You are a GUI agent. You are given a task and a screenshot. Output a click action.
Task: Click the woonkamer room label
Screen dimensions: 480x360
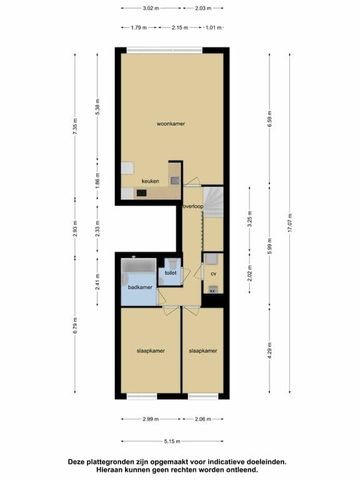[171, 124]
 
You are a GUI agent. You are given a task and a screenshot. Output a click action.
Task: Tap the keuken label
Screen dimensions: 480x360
[150, 181]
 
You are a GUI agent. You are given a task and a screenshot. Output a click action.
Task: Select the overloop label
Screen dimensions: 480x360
[193, 207]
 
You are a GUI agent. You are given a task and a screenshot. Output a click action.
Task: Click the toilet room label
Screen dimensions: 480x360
[170, 272]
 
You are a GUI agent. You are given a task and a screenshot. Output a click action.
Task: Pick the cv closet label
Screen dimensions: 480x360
[213, 272]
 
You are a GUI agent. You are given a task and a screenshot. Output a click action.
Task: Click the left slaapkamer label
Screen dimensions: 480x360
[150, 351]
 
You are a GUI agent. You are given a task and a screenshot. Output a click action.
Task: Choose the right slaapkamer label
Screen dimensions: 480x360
[203, 351]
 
